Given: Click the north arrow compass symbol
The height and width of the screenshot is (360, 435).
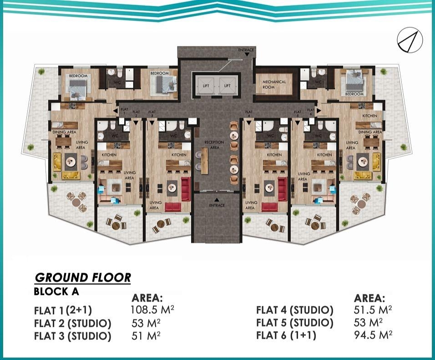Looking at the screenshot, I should coord(410,41).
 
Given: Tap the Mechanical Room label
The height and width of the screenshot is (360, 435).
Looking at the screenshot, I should coord(274,84).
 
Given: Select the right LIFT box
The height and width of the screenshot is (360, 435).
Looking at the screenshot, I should coord(227,85).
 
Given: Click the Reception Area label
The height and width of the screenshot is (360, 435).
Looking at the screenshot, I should coord(214,145).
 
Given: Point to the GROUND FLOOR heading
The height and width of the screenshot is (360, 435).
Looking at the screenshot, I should coord(83,278).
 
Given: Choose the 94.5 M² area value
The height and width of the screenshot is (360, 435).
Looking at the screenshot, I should coord(373,335).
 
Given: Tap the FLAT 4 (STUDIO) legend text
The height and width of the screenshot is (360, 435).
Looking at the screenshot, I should coord(294,310).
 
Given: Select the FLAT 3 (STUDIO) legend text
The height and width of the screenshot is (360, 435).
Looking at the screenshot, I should coord(72,336).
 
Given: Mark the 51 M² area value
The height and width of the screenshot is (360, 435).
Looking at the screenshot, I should coord(146,336).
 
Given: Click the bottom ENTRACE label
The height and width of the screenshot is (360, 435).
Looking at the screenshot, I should coord(217,205).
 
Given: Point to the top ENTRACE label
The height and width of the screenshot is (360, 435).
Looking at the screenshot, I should coord(246,49).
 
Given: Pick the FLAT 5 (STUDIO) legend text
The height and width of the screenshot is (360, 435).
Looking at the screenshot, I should coord(294,323).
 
